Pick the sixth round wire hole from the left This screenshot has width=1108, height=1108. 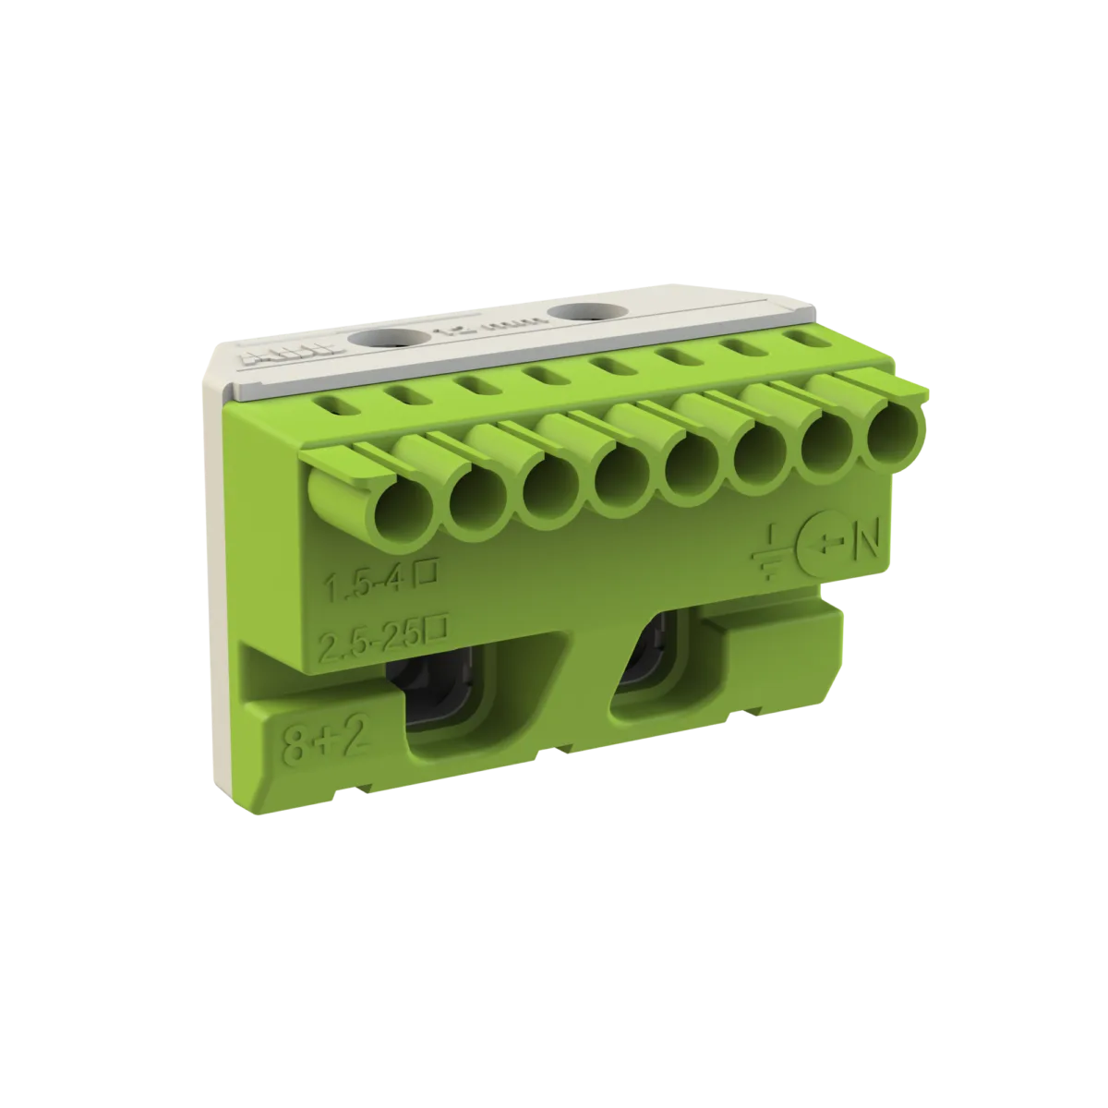pos(757,450)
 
